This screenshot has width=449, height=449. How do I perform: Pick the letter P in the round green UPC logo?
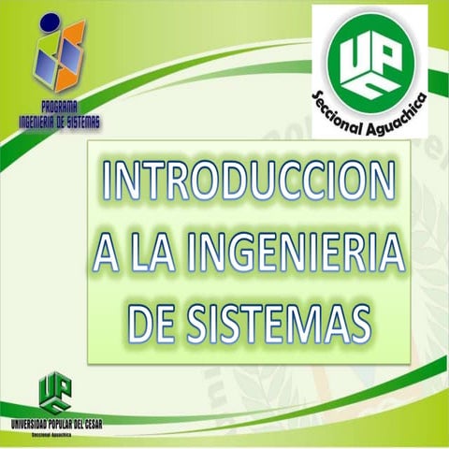coord(387,52)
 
